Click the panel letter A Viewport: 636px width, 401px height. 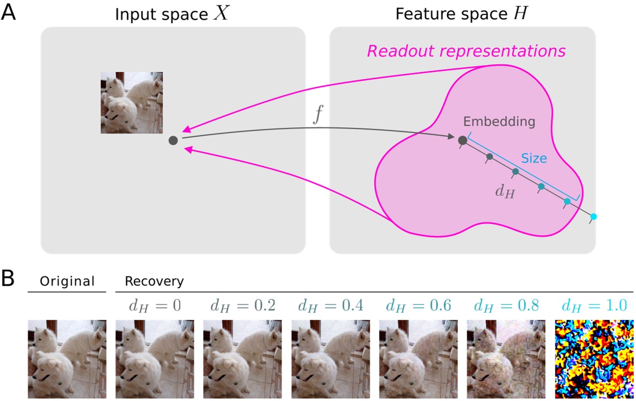click(x=9, y=11)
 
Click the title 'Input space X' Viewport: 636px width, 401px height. click(x=165, y=14)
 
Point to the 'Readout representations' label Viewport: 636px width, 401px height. click(x=466, y=51)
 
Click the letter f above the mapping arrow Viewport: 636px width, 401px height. click(x=318, y=116)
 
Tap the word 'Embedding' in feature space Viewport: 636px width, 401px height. click(x=499, y=122)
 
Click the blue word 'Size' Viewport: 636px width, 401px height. click(x=534, y=159)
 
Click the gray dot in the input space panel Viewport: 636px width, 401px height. click(x=173, y=140)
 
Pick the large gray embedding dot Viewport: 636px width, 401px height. click(x=462, y=140)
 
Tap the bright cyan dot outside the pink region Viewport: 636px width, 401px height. click(x=593, y=217)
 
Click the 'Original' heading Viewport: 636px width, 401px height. click(x=68, y=281)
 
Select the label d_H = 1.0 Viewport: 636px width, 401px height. click(x=594, y=307)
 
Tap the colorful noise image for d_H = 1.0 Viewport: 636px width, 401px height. click(x=594, y=359)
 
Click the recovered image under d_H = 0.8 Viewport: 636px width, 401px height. click(x=506, y=359)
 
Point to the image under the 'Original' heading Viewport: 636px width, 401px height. click(x=67, y=359)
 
